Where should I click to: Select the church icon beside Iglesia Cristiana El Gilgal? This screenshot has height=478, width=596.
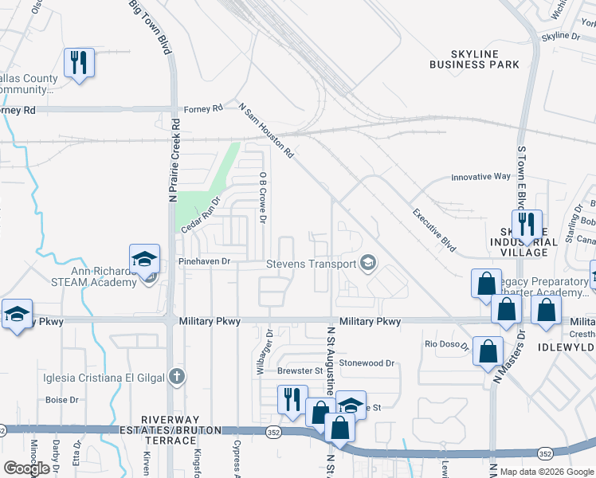pos(178,376)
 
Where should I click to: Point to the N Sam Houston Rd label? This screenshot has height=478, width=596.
pos(267,129)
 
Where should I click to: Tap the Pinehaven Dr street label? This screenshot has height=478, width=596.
pos(204,261)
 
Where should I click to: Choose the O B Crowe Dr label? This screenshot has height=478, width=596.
pos(262,196)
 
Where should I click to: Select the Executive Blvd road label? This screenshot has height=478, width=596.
pos(433,231)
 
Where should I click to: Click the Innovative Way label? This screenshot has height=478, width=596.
pos(480,177)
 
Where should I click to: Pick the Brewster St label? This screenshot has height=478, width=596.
pos(300,370)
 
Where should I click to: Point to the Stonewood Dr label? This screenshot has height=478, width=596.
pos(367,363)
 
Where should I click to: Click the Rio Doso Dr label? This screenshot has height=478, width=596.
pos(444,344)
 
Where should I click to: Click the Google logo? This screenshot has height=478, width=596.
pos(26,468)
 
